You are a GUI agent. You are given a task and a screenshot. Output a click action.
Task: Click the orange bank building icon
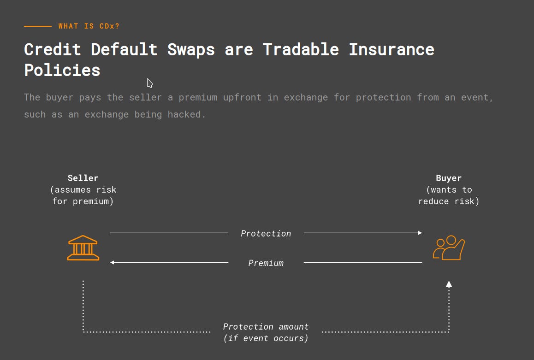pos(83,248)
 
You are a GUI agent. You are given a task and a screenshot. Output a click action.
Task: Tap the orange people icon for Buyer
pos(449,248)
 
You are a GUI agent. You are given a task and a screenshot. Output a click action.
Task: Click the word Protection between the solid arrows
pos(266,233)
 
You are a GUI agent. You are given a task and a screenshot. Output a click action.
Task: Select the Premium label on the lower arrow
pos(266,263)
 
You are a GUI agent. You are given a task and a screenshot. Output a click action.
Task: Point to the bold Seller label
pos(83,178)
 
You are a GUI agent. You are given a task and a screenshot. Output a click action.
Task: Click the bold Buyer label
pos(449,178)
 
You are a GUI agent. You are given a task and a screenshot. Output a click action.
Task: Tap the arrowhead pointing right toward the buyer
pos(420,233)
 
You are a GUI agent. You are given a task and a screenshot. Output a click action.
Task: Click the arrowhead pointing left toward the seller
pos(112,262)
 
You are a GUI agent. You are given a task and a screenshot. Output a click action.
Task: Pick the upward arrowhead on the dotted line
pos(449,284)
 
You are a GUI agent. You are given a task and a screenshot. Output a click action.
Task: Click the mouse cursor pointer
pos(149,83)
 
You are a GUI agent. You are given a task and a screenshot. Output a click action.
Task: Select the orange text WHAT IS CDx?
pos(89,26)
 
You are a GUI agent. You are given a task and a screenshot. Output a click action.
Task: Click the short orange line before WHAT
pos(38,26)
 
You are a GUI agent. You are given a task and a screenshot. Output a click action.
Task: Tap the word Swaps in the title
pos(191,50)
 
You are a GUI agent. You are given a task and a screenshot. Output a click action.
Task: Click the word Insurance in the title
pos(392,50)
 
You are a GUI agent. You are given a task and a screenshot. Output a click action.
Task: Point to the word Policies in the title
pos(62,71)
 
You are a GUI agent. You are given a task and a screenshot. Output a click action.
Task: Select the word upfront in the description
pos(242,98)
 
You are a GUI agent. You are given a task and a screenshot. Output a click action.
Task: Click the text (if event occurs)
pos(266,338)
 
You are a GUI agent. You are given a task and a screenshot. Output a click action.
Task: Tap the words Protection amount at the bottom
pos(266,327)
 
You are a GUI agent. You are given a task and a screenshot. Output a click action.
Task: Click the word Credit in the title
pos(53,50)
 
